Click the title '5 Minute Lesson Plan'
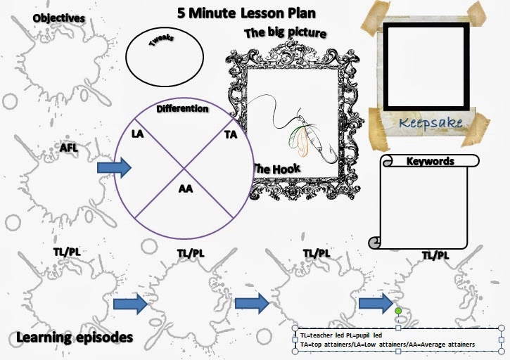click(246, 13)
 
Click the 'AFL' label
click(69, 148)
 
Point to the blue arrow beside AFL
click(114, 167)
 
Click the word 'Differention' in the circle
click(182, 109)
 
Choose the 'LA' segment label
click(138, 132)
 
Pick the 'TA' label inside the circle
click(230, 133)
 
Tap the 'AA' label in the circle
click(186, 188)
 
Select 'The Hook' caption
click(276, 169)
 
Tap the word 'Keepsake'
click(431, 123)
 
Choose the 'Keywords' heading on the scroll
click(431, 161)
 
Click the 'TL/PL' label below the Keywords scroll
click(435, 255)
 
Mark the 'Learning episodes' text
click(75, 338)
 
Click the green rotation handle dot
click(398, 310)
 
